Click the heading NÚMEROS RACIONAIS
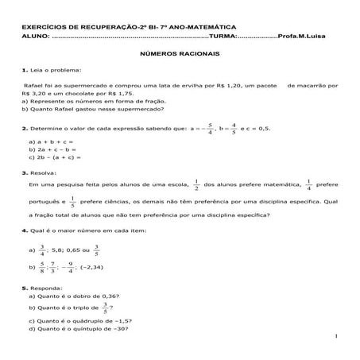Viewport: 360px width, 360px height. click(179, 56)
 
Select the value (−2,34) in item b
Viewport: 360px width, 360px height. click(109, 268)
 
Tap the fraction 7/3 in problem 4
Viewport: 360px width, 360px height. click(52, 268)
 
